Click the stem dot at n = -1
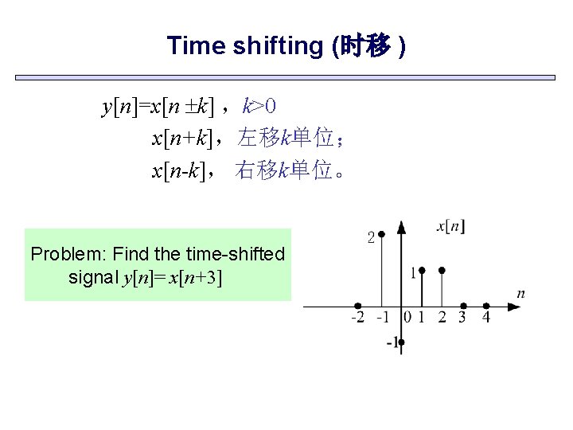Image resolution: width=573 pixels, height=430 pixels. (x=381, y=234)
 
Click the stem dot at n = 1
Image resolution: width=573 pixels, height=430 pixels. (x=422, y=271)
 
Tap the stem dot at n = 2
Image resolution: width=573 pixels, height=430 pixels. (x=442, y=271)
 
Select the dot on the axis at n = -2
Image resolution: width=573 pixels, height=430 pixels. (x=359, y=306)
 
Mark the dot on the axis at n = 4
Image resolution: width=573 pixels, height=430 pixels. (x=485, y=306)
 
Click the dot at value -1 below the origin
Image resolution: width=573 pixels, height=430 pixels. (x=401, y=342)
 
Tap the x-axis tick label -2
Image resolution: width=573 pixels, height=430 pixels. (x=359, y=319)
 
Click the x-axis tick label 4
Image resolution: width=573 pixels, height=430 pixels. (x=486, y=319)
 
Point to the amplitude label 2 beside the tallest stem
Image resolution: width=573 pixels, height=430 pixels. (x=370, y=236)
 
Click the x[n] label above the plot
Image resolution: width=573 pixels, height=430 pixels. (x=451, y=227)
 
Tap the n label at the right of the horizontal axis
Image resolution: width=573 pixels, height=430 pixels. (x=520, y=294)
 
